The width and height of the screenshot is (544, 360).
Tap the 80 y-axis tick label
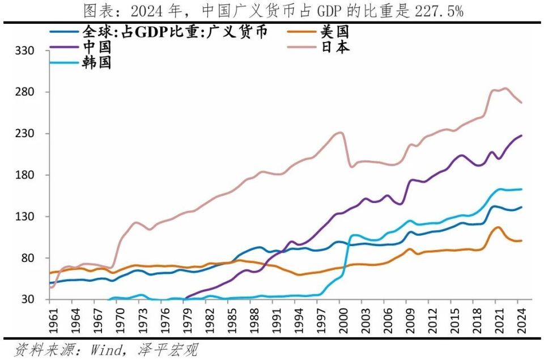[28, 258]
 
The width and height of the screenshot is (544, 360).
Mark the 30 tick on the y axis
[28, 299]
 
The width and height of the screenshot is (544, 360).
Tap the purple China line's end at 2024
[521, 135]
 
